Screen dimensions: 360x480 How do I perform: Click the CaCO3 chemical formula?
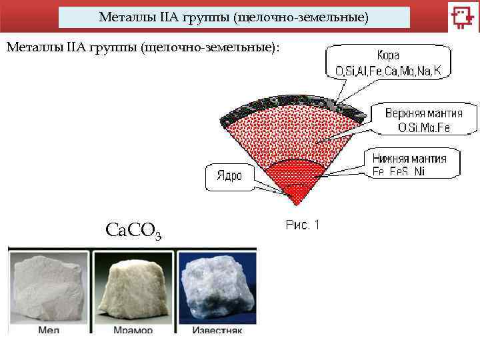(133, 231)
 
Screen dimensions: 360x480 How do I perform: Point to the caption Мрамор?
(133, 330)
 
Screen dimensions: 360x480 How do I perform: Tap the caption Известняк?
(217, 330)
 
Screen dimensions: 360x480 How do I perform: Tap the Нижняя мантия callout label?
(416, 159)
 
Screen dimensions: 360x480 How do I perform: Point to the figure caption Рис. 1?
(303, 225)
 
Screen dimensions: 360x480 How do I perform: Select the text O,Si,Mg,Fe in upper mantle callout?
(425, 127)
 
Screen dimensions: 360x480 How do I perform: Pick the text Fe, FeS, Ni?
(399, 171)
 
